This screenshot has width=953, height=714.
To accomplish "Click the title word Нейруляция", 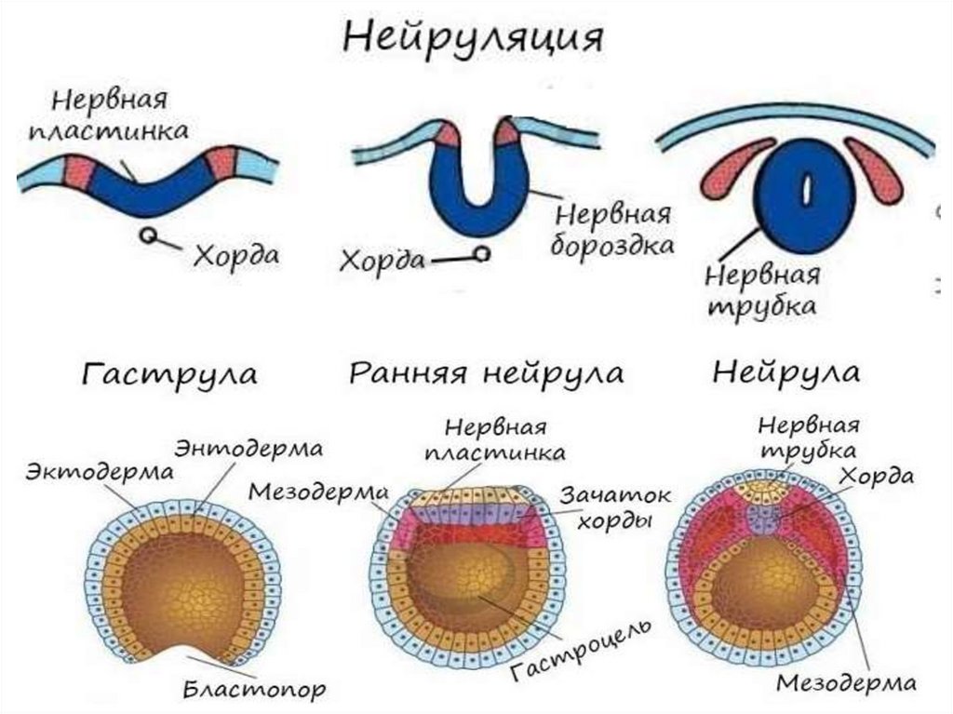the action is pos(474,40).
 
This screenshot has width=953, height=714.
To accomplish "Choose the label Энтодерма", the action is pos(248,448).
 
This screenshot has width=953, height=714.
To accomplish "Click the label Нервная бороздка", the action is pos(613,231).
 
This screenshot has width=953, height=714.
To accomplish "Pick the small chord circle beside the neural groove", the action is pos(481,253).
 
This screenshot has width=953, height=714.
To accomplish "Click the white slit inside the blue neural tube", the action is pos(807,191).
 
